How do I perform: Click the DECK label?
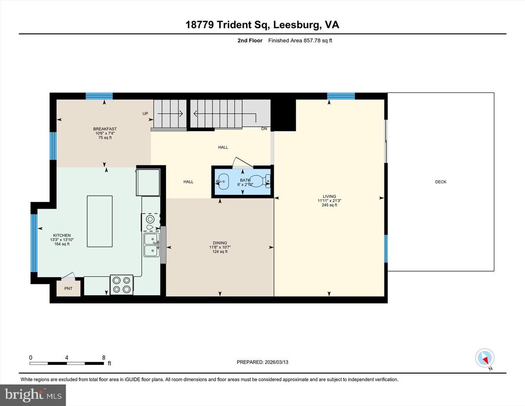point(440,182)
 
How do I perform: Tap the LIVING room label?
point(329,196)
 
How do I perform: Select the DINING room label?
point(220,243)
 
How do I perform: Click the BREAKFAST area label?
point(105,129)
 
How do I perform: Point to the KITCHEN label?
point(62,235)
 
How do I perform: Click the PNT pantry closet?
point(68,287)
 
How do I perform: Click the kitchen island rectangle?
point(100,221)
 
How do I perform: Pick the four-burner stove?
point(122,285)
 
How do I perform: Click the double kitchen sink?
point(151,245)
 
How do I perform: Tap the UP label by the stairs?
point(145,113)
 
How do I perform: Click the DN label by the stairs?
point(264,129)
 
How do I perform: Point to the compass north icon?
point(485,358)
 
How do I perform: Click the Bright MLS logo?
point(33,395)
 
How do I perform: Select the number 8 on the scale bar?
point(104,357)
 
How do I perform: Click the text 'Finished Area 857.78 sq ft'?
point(300,40)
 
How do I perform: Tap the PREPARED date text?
point(262,362)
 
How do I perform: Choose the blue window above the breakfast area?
point(99,96)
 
